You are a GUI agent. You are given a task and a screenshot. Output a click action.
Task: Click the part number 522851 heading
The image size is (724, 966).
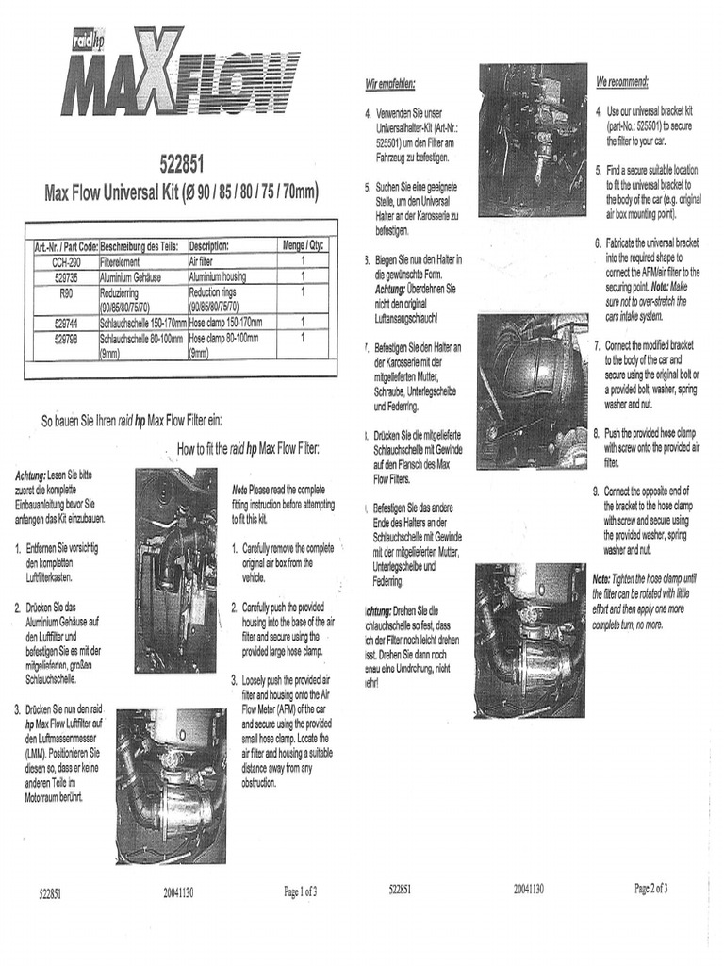(182, 165)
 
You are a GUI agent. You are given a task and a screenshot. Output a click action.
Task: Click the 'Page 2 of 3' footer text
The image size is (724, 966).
(651, 888)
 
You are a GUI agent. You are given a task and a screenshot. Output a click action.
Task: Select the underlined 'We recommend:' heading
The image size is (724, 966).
(621, 82)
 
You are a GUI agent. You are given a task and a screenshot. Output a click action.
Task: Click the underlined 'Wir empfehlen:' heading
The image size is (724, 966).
(389, 86)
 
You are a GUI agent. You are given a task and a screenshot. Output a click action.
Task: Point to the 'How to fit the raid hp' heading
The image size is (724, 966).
(248, 449)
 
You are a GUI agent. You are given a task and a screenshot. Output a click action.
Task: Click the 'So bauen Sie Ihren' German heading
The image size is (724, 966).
(131, 421)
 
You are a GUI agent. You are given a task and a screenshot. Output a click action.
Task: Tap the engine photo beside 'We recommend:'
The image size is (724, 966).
(532, 140)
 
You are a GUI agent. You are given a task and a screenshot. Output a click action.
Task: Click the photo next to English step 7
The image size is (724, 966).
(532, 378)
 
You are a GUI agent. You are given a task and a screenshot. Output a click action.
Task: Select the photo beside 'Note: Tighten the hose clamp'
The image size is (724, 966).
(530, 640)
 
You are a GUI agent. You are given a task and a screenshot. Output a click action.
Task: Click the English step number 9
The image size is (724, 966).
(596, 491)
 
